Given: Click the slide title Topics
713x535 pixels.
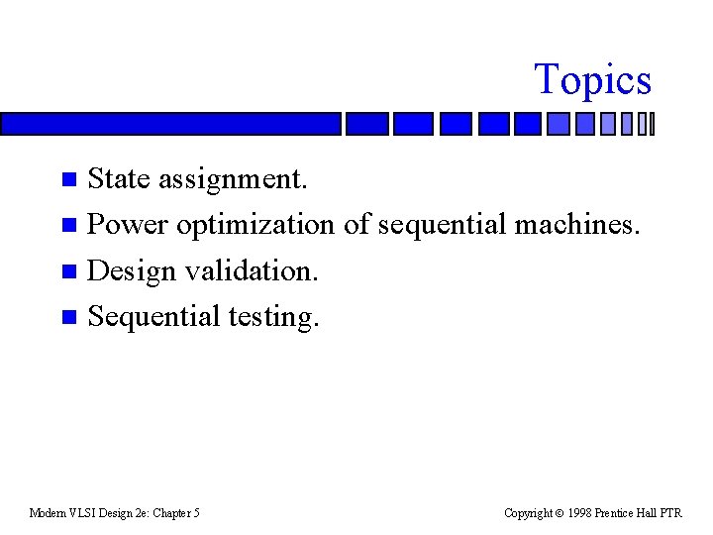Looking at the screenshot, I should click(592, 80).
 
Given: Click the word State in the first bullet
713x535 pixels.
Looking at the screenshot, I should click(119, 179).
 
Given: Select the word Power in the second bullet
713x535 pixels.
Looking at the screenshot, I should click(129, 225).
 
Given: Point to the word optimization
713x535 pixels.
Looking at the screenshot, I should click(255, 226).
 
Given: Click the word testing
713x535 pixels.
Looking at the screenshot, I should click(274, 317).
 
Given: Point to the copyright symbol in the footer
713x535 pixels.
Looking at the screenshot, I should click(560, 513).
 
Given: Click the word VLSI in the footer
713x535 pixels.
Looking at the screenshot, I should click(80, 513).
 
